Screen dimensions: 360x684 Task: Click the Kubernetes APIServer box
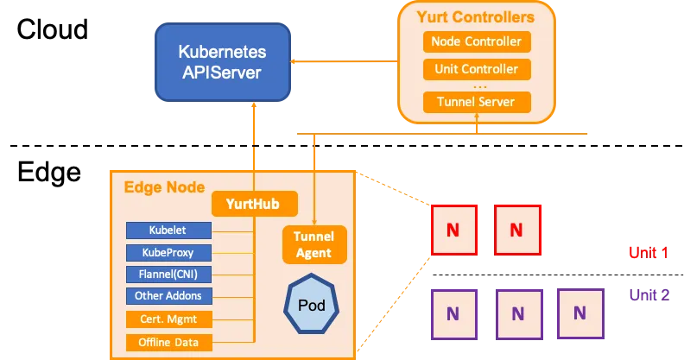pos(222,60)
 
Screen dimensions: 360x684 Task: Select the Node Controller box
pos(477,41)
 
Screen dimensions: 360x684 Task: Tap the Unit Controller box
pos(477,69)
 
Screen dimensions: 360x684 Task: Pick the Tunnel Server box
pos(477,102)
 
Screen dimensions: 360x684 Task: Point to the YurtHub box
pos(255,205)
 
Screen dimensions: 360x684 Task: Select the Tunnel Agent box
pos(314,244)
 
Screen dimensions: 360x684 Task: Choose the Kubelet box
pos(168,231)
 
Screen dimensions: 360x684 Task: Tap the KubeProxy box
pos(168,253)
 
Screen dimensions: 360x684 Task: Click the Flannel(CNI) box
pos(168,275)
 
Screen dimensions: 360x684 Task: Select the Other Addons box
pos(168,296)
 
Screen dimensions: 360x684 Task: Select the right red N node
pos(516,230)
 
